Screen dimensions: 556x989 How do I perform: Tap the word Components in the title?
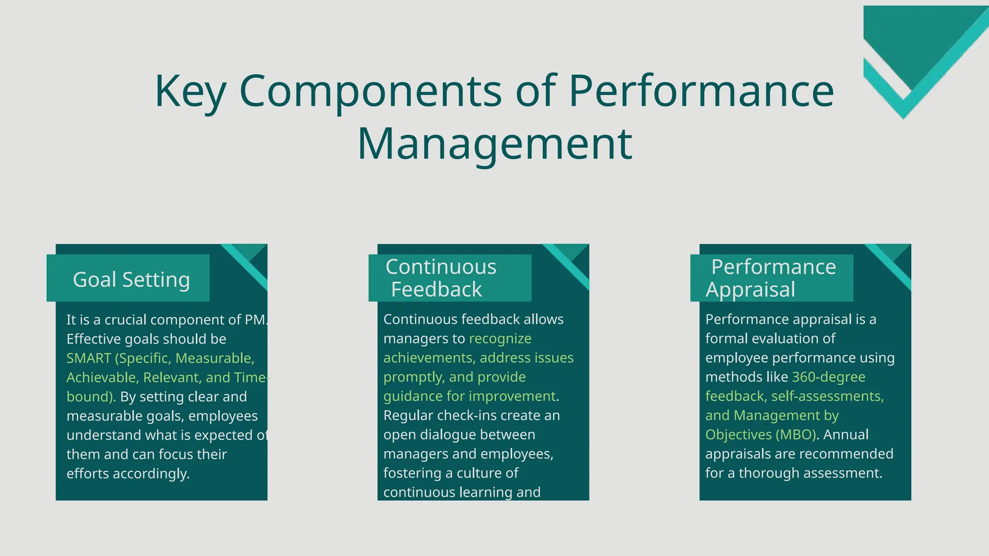pos(370,92)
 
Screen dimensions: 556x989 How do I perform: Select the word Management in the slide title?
pos(494,144)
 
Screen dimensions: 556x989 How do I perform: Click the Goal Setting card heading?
pos(131,279)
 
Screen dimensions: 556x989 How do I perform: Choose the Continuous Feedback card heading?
pos(440,278)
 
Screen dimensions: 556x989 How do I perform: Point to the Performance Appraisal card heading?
pos(773,278)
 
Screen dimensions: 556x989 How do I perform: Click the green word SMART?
pos(89,358)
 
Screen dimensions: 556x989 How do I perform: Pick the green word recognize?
pos(500,338)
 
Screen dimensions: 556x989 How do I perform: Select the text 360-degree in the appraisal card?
pos(829,377)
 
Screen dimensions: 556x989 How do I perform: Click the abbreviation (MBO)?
pos(796,435)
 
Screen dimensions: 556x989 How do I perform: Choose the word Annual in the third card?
pos(846,435)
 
